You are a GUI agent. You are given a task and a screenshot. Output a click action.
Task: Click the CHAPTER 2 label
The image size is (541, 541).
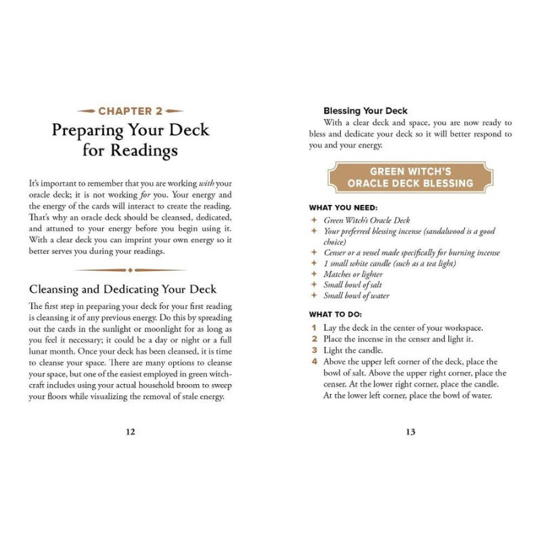click(x=129, y=110)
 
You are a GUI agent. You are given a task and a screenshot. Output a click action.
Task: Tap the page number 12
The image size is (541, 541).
click(x=131, y=432)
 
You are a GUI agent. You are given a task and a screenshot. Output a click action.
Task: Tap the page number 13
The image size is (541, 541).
click(x=410, y=432)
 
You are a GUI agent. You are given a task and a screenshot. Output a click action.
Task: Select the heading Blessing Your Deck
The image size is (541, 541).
click(x=365, y=110)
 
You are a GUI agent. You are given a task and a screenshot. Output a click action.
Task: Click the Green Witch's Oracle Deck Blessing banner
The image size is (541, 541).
click(x=410, y=177)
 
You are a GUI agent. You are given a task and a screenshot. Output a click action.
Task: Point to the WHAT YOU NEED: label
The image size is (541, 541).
click(x=344, y=208)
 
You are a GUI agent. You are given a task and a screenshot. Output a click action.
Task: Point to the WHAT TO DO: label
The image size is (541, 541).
click(x=336, y=314)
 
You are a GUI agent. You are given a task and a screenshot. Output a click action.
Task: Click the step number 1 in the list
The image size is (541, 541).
click(x=314, y=327)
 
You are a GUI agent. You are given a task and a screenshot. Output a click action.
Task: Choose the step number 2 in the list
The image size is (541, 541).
click(x=314, y=339)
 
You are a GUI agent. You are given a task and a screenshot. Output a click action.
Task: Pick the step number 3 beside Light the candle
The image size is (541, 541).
click(x=314, y=350)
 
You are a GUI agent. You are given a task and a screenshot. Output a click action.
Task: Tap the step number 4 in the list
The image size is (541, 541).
click(x=314, y=362)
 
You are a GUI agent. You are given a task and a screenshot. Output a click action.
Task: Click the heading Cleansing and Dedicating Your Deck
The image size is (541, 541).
click(x=122, y=289)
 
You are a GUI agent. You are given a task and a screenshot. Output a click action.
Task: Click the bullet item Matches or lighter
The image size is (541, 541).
click(x=353, y=275)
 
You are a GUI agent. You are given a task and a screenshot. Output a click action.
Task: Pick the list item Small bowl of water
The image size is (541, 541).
click(x=356, y=296)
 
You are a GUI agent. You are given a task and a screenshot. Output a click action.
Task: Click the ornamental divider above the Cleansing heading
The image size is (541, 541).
click(x=130, y=270)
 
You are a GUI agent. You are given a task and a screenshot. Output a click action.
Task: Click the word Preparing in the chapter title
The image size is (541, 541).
click(x=89, y=129)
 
